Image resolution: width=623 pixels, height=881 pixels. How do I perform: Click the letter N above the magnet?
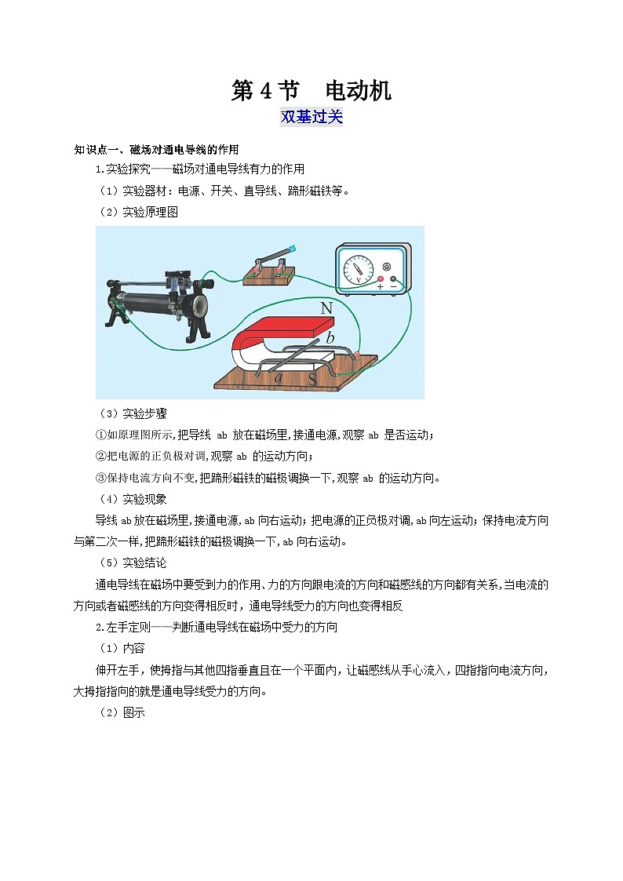[x=326, y=308]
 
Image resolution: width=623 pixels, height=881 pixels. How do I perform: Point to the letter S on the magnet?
[x=312, y=378]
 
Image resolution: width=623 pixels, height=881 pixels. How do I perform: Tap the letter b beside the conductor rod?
[x=330, y=337]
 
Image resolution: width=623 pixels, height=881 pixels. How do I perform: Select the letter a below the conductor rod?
[x=279, y=377]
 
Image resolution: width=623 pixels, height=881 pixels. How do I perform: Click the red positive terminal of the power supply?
[x=381, y=278]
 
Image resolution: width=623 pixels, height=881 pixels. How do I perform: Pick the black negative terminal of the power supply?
[x=393, y=278]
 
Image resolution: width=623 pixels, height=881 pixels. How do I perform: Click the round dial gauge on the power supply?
[x=358, y=269]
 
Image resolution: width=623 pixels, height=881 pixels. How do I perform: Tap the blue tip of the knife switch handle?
[x=291, y=249]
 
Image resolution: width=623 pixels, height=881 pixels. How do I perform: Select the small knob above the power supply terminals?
[x=387, y=266]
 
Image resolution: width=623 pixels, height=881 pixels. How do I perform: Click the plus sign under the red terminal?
[x=381, y=286]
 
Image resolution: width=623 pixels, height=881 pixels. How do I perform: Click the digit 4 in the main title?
[x=266, y=90]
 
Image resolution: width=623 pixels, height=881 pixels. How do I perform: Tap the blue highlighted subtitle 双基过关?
[x=311, y=116]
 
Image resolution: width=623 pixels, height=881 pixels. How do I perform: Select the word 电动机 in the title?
[x=359, y=90]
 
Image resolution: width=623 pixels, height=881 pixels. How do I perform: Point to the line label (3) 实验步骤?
[x=133, y=413]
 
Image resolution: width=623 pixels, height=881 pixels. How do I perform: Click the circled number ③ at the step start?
[x=101, y=478]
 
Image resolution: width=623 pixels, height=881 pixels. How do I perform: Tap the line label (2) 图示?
[x=122, y=712]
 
